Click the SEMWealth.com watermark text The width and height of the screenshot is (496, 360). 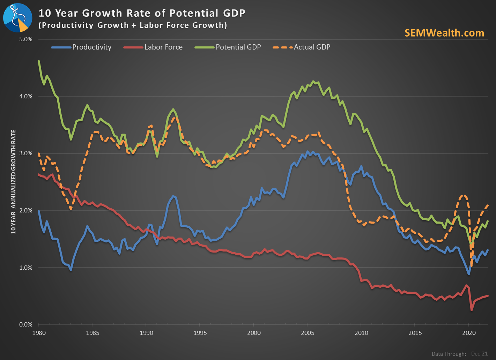click(x=444, y=33)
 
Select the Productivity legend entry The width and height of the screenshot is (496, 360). click(x=91, y=47)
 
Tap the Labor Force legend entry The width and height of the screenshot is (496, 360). click(x=163, y=47)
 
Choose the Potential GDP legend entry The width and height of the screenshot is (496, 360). click(x=238, y=47)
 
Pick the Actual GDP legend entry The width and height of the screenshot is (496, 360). click(x=312, y=47)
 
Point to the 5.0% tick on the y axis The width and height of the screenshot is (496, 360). click(x=25, y=39)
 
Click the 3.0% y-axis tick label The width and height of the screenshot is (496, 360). click(x=25, y=153)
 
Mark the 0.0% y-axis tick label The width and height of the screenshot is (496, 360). click(x=25, y=325)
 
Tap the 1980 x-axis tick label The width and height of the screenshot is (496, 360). click(x=39, y=333)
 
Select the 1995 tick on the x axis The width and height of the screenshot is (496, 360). click(x=200, y=333)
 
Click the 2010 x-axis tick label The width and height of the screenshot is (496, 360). click(x=361, y=333)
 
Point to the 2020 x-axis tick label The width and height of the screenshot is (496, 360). click(x=469, y=333)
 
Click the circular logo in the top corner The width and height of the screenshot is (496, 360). click(x=17, y=17)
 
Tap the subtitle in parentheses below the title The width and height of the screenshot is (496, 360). click(x=133, y=25)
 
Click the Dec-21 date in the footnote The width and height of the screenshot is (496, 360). click(x=480, y=354)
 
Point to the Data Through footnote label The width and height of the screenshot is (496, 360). click(x=449, y=354)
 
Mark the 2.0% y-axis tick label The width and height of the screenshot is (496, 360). click(x=25, y=211)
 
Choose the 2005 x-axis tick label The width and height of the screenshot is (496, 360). click(x=307, y=333)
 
